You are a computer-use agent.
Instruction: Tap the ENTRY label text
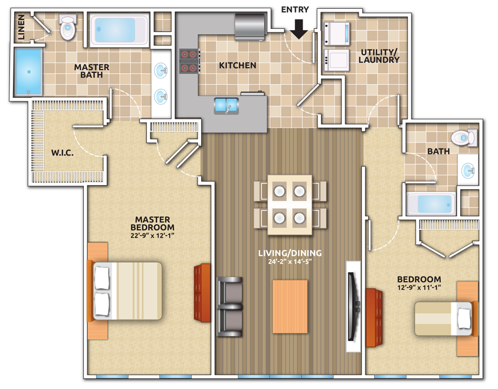pos(295,10)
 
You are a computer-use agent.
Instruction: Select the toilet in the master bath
pos(68,27)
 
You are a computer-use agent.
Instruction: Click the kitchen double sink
pos(226,106)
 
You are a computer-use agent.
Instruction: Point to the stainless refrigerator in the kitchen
pos(250,27)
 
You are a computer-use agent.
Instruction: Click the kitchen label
pos(238,65)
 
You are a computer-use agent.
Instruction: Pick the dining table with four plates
pos(290,205)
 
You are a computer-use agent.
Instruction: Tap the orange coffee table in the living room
pos(290,306)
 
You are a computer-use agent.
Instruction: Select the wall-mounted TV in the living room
pos(353,307)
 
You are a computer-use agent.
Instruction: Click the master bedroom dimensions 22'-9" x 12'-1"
pos(152,236)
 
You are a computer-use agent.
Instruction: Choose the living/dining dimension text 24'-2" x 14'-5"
pos(290,262)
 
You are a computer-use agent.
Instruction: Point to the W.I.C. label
pos(63,153)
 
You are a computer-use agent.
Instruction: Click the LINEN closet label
pos(21,27)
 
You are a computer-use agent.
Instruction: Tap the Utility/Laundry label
pos(379,56)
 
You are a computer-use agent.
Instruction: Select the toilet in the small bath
pos(464,138)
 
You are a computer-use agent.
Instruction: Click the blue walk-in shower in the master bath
pos(28,72)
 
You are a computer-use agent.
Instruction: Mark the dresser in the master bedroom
pos(202,293)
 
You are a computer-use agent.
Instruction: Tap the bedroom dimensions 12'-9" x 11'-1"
pos(420,288)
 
